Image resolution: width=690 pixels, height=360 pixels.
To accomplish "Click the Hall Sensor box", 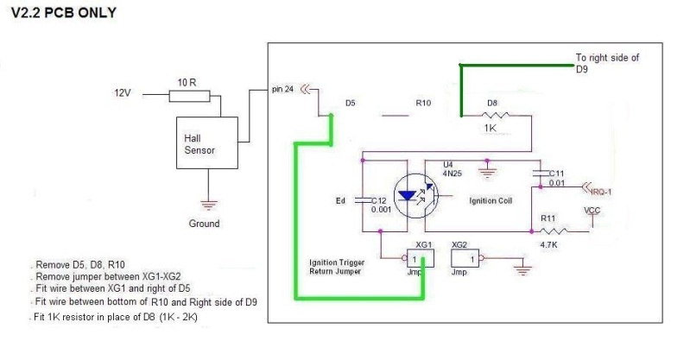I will pos(206,143).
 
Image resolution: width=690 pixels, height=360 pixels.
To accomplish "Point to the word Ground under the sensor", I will pos(204,224).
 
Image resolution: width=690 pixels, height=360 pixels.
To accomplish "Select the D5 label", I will pos(350,103).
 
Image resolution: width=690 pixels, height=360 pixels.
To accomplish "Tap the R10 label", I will pos(423,103).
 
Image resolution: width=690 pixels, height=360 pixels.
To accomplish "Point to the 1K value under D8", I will pos(491,129).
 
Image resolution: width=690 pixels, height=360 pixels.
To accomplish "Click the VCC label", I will pos(592,210).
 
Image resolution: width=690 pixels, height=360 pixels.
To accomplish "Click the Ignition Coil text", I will pos(492,201).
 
